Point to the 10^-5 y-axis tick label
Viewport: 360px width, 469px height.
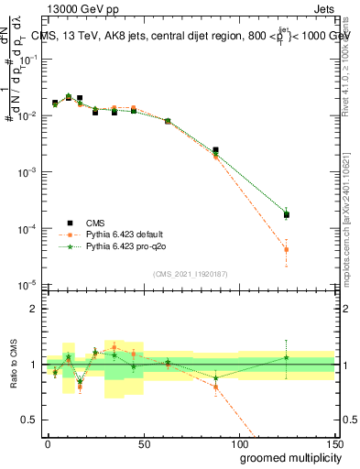27,284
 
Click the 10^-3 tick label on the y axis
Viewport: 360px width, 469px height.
27,172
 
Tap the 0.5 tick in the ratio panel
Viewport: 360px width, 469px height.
30,420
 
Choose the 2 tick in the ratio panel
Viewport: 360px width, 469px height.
34,308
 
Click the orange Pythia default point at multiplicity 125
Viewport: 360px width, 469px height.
287,249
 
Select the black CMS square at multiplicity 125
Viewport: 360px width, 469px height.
287,215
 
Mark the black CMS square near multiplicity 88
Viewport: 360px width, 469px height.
215,150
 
